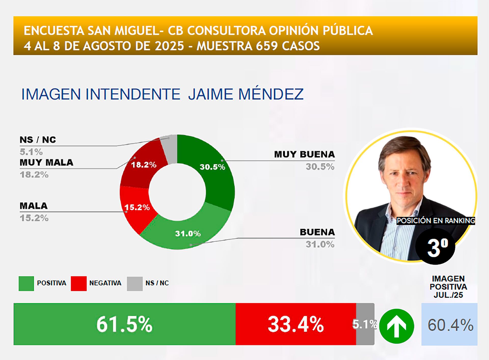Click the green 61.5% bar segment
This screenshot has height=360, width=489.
point(125,324)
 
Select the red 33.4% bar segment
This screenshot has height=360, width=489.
point(295,324)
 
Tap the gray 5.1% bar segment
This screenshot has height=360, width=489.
point(365,324)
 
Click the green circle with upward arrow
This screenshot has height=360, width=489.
point(397,326)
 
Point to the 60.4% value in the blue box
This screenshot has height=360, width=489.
point(450,325)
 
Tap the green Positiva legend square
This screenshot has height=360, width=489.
point(26,283)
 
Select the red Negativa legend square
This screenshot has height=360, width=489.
point(79,283)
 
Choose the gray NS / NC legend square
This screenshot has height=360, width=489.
point(135,283)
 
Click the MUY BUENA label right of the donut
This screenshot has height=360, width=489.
point(304,154)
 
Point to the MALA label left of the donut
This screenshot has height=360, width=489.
point(34,206)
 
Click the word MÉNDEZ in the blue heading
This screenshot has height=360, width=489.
point(271,94)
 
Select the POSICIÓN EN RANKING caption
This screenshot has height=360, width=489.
point(436,221)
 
